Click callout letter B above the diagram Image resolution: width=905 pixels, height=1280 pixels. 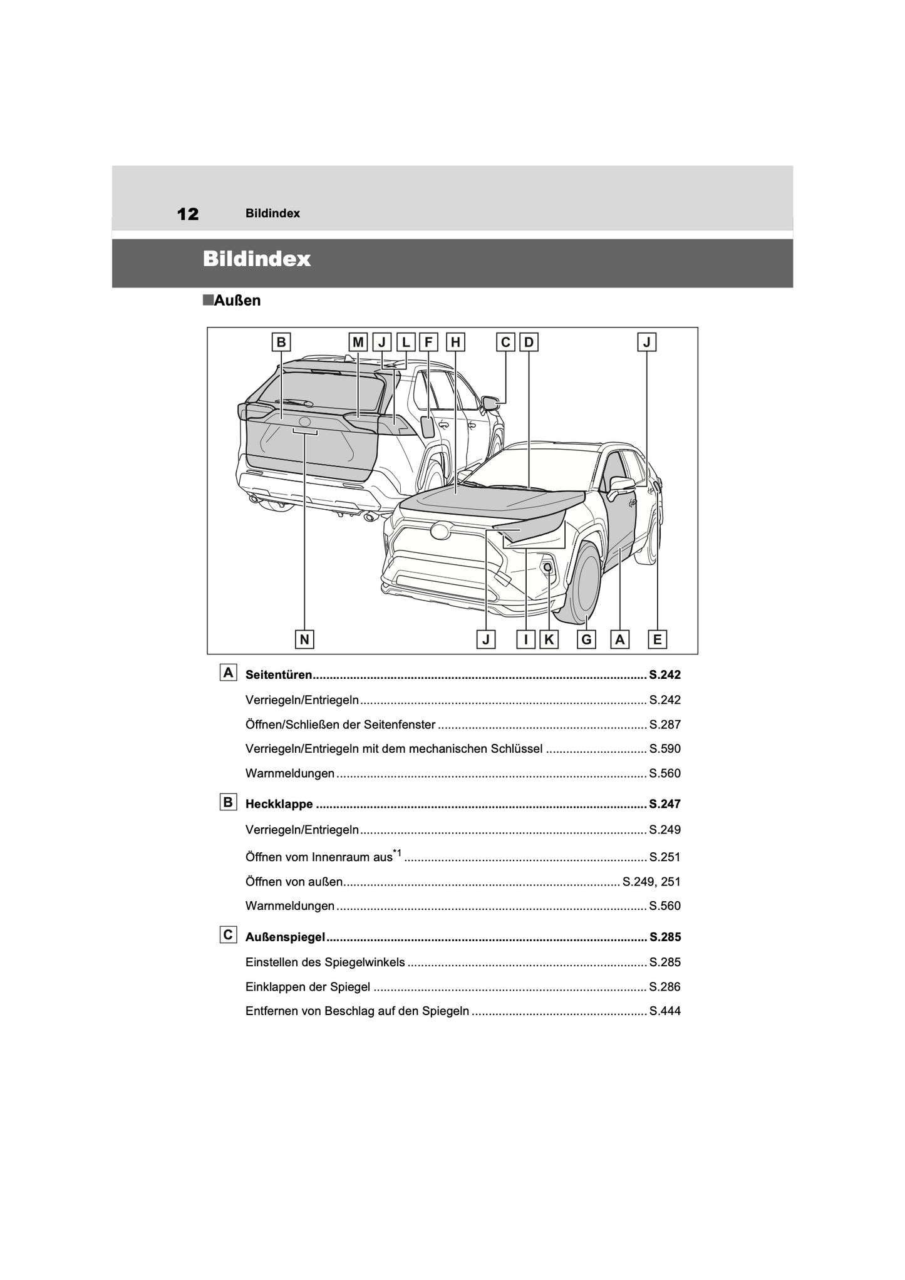pos(281,342)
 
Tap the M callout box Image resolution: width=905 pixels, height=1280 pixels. pos(358,342)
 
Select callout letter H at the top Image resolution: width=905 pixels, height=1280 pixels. pos(455,342)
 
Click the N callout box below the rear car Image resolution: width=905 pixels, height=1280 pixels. pos(304,639)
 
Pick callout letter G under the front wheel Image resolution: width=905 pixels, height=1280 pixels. pos(586,639)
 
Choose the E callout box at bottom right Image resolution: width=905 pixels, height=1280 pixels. pos(657,639)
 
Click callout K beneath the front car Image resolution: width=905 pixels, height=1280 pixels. pos(549,639)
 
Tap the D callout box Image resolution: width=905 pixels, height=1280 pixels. pos(529,342)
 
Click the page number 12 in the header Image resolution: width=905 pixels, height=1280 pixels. pos(188,214)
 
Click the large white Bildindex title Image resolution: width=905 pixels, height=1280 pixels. pos(257,259)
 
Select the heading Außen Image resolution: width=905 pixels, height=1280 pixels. pos(237,301)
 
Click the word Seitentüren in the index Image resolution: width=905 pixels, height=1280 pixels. pos(279,675)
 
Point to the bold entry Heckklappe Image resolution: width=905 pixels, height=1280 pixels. pos(279,804)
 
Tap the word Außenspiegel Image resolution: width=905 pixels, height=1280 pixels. pos(285,937)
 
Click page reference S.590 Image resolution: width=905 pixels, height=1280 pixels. pos(665,749)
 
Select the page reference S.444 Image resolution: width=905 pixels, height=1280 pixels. pos(665,1011)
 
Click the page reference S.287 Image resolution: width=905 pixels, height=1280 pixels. pos(665,725)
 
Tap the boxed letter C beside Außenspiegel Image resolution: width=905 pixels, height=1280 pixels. pos(228,935)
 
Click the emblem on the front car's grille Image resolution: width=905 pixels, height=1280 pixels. pos(440,531)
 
